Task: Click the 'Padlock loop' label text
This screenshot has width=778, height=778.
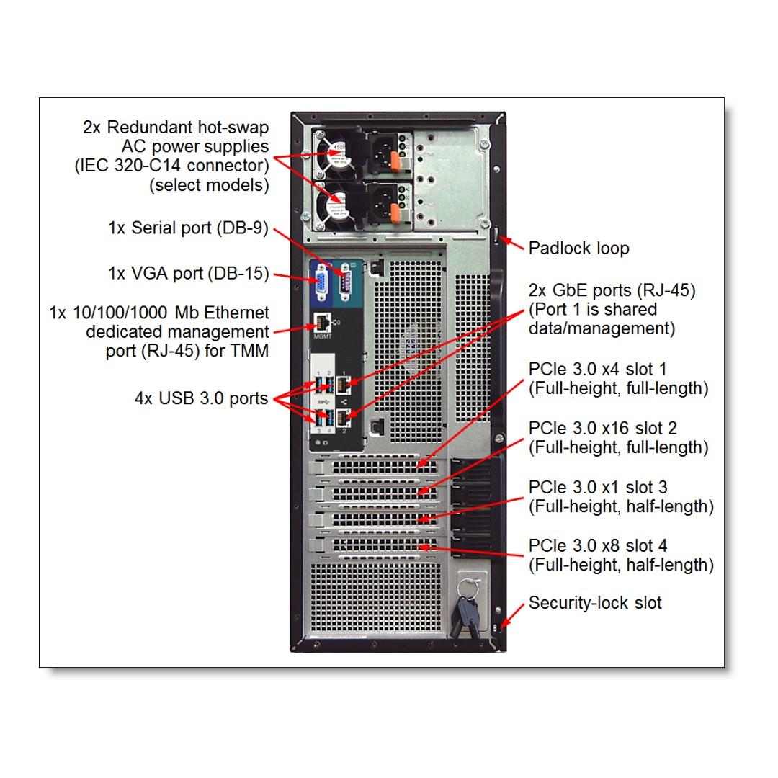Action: pos(578,249)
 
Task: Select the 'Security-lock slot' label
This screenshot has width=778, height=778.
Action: pos(594,603)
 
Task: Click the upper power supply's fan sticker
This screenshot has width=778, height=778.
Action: pos(336,152)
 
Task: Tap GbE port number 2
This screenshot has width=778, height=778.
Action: pos(344,416)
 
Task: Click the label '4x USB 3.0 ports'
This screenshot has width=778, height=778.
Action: pos(201,398)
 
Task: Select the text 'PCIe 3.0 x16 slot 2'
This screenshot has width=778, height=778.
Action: pos(602,429)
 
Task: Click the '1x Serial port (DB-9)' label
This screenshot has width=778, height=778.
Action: pos(188,228)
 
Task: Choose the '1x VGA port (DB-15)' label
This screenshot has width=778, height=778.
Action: pos(188,274)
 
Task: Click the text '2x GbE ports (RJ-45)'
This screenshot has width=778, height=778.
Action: pos(612,291)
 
